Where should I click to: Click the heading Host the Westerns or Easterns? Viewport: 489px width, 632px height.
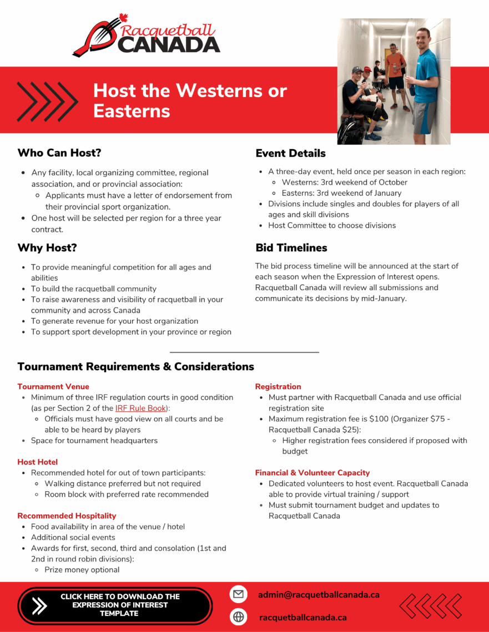coord(190,100)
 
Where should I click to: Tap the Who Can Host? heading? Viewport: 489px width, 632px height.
coord(59,152)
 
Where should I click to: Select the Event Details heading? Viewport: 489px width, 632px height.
coord(290,153)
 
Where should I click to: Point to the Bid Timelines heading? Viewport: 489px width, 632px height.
coord(291,248)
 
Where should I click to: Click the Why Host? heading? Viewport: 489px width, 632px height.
coord(47,248)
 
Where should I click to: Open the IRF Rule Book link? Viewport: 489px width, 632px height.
coord(140,408)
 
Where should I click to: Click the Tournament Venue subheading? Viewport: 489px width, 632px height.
coord(53,386)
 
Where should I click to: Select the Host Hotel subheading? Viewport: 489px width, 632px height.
coord(37,462)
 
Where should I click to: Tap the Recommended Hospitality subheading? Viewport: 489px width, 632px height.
coord(67,516)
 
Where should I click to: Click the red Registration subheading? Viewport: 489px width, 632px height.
coord(278,386)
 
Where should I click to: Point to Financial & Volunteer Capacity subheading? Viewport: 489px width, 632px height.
coord(312,473)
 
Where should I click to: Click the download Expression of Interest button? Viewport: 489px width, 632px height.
coord(115,605)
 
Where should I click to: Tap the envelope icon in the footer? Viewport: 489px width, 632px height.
coord(238,594)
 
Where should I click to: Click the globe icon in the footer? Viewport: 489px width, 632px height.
coord(238,616)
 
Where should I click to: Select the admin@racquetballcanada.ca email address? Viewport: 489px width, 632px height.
coord(319,594)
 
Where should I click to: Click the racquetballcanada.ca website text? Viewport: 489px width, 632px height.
coord(303,617)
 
